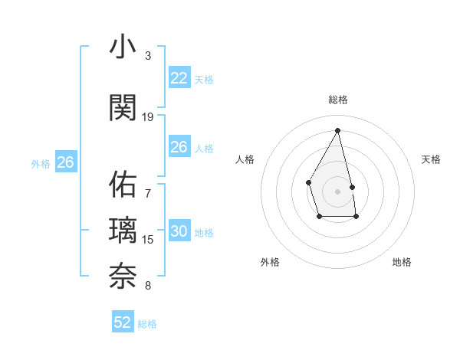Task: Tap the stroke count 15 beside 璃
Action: [148, 240]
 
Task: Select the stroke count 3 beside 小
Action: [148, 56]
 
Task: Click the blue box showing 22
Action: [179, 78]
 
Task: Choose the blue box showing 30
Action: [179, 232]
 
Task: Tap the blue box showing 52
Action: [123, 322]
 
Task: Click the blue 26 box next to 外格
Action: [66, 162]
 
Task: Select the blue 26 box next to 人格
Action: [179, 147]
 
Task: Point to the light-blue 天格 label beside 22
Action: [204, 79]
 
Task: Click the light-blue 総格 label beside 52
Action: [147, 324]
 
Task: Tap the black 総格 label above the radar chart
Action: [338, 100]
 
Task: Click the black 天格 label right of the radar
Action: [432, 159]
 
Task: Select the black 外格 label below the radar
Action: [270, 262]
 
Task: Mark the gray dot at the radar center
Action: [338, 191]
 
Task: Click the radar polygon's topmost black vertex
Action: [338, 129]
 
